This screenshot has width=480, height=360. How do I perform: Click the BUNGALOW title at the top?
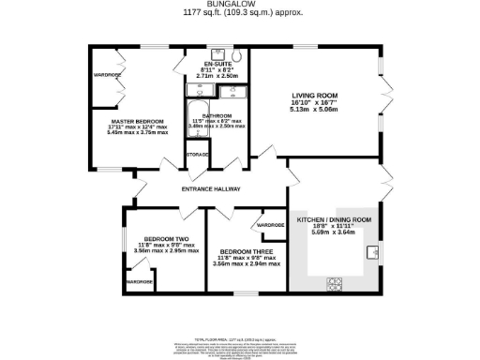click(x=239, y=4)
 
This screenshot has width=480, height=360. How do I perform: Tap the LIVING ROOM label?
click(x=315, y=95)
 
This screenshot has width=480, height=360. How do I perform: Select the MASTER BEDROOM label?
click(x=136, y=122)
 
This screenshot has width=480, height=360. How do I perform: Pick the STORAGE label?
click(x=197, y=155)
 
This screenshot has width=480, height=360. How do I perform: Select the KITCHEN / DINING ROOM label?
click(x=334, y=219)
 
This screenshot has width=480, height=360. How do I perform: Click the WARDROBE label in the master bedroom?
click(x=106, y=74)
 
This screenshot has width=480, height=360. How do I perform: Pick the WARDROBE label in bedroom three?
click(x=271, y=226)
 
